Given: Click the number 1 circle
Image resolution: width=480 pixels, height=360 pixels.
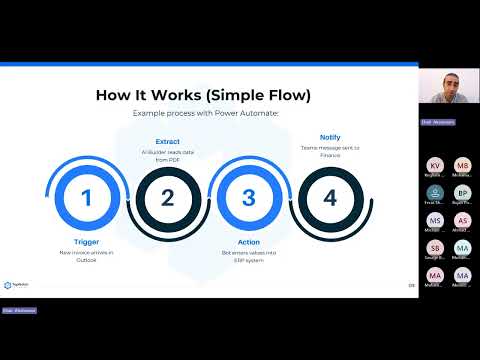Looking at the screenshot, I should coord(86,197).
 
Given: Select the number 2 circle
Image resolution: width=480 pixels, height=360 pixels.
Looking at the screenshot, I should coord(167,197).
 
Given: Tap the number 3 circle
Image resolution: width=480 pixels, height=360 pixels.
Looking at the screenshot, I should coord(249,197).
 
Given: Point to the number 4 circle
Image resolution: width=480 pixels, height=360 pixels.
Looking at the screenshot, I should coord(330,197).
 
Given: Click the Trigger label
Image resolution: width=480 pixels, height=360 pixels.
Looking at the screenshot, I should coord(86,243).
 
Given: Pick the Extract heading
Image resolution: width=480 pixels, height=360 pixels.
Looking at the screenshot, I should coord(167,142).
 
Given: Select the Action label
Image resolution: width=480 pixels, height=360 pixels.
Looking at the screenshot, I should coord(249,243).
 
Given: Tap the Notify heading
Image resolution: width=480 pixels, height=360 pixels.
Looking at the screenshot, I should coord(330,137).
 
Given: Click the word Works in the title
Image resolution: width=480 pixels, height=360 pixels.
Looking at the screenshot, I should coord(176,95).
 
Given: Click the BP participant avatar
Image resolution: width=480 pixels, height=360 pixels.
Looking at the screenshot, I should coord(462,193).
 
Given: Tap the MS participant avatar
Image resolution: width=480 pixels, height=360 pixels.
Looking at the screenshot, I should coord(435,220).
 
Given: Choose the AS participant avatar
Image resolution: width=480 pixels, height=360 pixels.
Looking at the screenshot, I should coord(462,220).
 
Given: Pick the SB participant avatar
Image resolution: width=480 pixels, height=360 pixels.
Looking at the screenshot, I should coord(435,247).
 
